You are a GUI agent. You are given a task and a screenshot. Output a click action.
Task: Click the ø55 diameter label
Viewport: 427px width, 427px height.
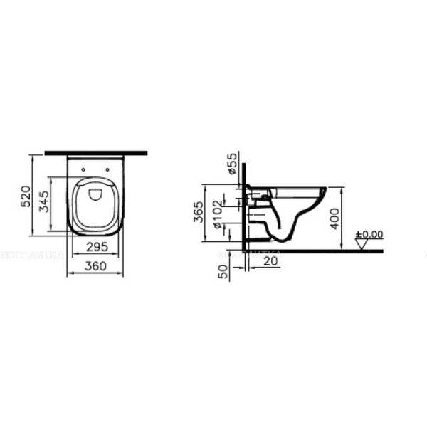pos(232,164)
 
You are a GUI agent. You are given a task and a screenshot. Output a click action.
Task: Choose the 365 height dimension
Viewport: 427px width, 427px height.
pos(200,213)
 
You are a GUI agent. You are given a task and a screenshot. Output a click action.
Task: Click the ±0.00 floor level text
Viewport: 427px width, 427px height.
pos(369,234)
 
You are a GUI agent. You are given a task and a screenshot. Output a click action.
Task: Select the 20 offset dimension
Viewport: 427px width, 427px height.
pos(269,260)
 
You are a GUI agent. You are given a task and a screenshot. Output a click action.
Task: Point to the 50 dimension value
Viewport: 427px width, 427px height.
pos(224,271)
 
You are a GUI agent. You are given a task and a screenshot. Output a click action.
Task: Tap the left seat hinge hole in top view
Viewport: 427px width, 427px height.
pos(83,169)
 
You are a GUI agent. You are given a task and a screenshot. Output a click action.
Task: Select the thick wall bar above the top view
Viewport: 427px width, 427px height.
pos(95,152)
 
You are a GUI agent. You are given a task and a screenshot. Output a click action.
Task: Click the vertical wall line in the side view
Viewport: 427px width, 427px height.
pos(243,206)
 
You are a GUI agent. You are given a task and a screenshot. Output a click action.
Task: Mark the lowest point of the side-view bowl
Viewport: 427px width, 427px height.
pos(282,243)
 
